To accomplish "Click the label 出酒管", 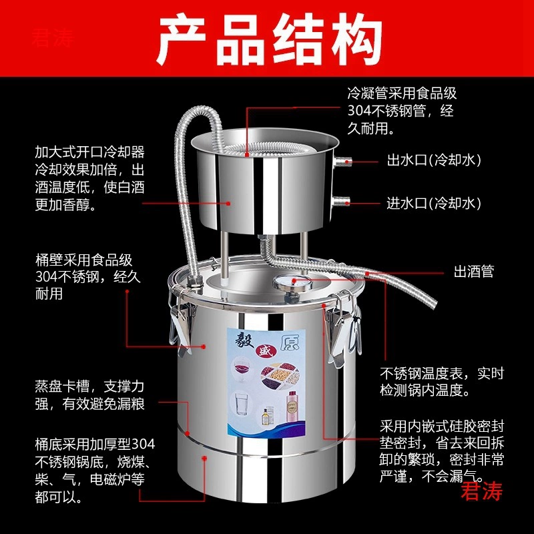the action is click(474, 272).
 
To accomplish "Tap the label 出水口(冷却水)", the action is click(434, 160).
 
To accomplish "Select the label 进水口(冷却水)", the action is click(434, 204).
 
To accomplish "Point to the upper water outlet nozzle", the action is click(342, 161).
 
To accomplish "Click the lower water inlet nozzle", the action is click(340, 202).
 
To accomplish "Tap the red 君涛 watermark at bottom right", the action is click(481, 491).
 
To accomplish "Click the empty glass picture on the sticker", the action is click(241, 404).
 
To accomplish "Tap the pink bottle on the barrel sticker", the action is click(292, 407).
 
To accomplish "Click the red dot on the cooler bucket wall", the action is click(228, 204).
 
